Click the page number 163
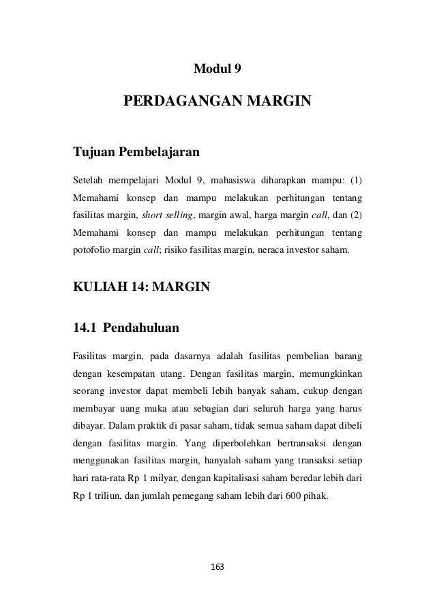point(217,566)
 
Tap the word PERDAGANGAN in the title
point(181,103)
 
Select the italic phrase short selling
point(168,216)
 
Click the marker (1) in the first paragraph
point(357,181)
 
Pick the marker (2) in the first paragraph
point(357,216)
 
